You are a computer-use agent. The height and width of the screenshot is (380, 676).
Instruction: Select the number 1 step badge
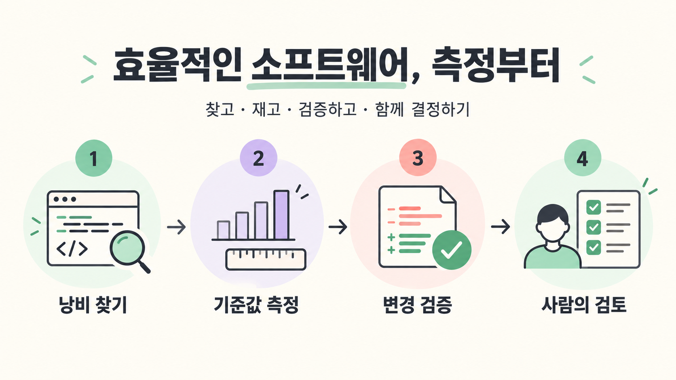(x=93, y=158)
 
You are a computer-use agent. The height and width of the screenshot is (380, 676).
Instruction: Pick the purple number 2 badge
(x=258, y=157)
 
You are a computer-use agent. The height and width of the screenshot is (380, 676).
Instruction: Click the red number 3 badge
(x=418, y=157)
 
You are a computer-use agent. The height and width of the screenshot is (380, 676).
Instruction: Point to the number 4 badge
(x=583, y=157)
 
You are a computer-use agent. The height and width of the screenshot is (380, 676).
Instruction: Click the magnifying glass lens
(x=127, y=248)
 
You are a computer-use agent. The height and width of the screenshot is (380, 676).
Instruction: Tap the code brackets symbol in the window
(x=72, y=249)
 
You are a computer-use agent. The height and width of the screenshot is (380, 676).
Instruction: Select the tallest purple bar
(x=281, y=214)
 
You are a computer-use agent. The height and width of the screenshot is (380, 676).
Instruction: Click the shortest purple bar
(x=223, y=230)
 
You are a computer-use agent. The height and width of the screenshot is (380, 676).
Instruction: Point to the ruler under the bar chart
(x=266, y=260)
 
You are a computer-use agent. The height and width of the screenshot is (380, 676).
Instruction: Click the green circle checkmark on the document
(x=452, y=250)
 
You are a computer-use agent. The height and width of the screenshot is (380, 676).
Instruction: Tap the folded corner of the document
(x=448, y=194)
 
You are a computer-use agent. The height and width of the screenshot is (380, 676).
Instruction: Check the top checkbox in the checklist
(x=593, y=207)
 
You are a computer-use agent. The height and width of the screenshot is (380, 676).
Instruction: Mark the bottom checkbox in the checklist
(x=593, y=247)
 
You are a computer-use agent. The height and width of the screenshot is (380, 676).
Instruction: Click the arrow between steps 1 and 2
(x=177, y=227)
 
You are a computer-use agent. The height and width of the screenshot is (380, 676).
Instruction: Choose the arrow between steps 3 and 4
(x=501, y=226)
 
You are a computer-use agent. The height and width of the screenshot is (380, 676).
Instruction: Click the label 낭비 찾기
(x=93, y=305)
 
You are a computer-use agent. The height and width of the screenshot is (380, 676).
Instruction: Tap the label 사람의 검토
(x=584, y=305)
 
